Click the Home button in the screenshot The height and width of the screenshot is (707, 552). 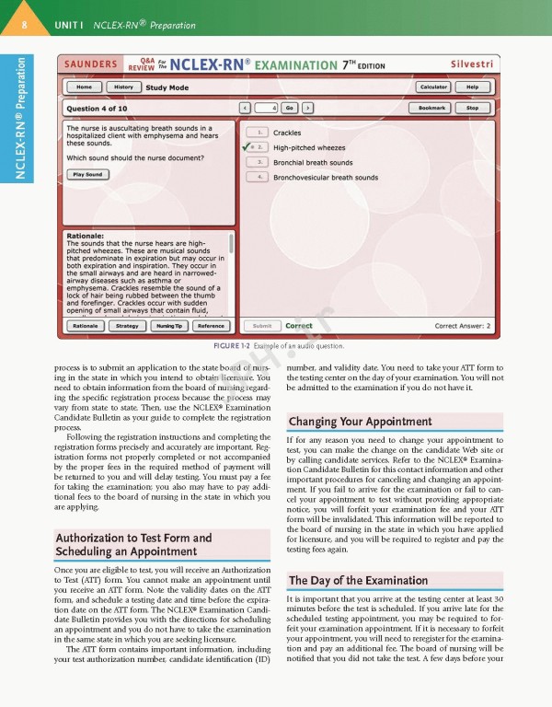pyautogui.click(x=84, y=87)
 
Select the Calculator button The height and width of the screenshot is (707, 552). pyautogui.click(x=433, y=87)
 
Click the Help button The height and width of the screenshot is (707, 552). pyautogui.click(x=472, y=87)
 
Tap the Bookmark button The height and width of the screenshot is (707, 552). pyautogui.click(x=432, y=108)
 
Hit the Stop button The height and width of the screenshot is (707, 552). pyautogui.click(x=472, y=108)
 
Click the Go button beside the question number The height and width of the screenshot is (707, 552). pyautogui.click(x=289, y=108)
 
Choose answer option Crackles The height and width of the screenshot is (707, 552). pyautogui.click(x=287, y=133)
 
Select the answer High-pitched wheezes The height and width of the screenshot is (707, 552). pyautogui.click(x=309, y=147)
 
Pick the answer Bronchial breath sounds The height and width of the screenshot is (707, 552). pyautogui.click(x=313, y=162)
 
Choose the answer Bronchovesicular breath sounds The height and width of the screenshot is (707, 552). pyautogui.click(x=325, y=177)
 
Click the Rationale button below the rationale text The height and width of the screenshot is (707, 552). pyautogui.click(x=86, y=326)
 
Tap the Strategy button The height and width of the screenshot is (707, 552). pyautogui.click(x=127, y=326)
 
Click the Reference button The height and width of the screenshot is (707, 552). pyautogui.click(x=211, y=326)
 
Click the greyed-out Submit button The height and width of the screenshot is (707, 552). pyautogui.click(x=261, y=326)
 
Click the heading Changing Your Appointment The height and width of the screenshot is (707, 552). pyautogui.click(x=361, y=422)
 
